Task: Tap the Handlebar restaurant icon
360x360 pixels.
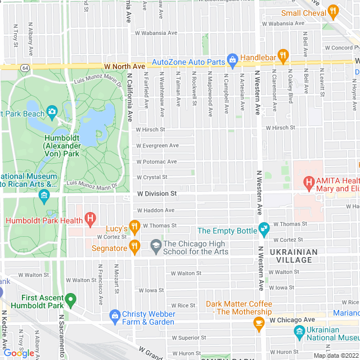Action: pyautogui.click(x=282, y=56)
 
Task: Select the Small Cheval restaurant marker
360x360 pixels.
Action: pyautogui.click(x=333, y=11)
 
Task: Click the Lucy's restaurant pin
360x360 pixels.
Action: pyautogui.click(x=134, y=227)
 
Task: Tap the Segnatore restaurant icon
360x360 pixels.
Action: pyautogui.click(x=134, y=246)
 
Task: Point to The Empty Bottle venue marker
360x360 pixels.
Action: pyautogui.click(x=263, y=228)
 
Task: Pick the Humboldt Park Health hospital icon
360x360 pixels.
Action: pyautogui.click(x=89, y=218)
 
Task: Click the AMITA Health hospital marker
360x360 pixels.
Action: pyautogui.click(x=308, y=182)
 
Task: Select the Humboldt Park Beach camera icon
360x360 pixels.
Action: pyautogui.click(x=52, y=112)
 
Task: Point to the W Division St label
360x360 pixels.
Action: pyautogui.click(x=157, y=193)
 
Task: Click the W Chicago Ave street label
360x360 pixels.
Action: pyautogui.click(x=292, y=319)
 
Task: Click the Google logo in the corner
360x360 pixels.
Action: pyautogui.click(x=18, y=353)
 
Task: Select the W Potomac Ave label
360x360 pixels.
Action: pyautogui.click(x=156, y=161)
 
